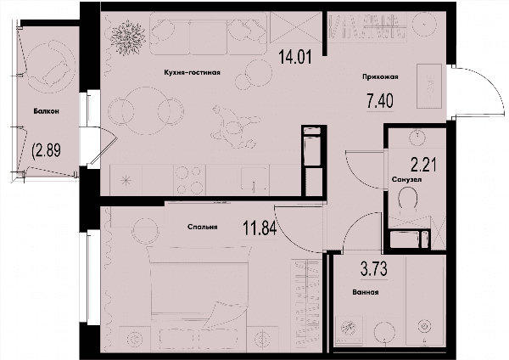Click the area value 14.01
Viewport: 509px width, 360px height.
coord(295,57)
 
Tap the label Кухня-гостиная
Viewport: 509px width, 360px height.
coord(193,72)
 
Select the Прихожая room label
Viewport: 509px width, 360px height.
coord(380,77)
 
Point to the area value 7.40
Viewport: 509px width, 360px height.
coord(380,101)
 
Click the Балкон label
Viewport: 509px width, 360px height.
coord(47,111)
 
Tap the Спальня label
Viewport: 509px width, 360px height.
coord(202,227)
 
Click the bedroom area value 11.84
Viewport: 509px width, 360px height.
coord(260,228)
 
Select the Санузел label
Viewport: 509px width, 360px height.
coord(406,179)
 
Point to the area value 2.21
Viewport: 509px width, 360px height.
coord(423,165)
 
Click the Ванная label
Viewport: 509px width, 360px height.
coord(366,292)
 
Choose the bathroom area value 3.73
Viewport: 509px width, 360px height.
coord(374,269)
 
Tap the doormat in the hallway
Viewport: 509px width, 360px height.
coord(429,86)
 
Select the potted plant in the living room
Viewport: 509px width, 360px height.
coord(127,39)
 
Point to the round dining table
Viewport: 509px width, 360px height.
coord(146,110)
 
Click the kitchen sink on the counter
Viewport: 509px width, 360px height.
coord(255,178)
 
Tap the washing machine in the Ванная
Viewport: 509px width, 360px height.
coord(350,329)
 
